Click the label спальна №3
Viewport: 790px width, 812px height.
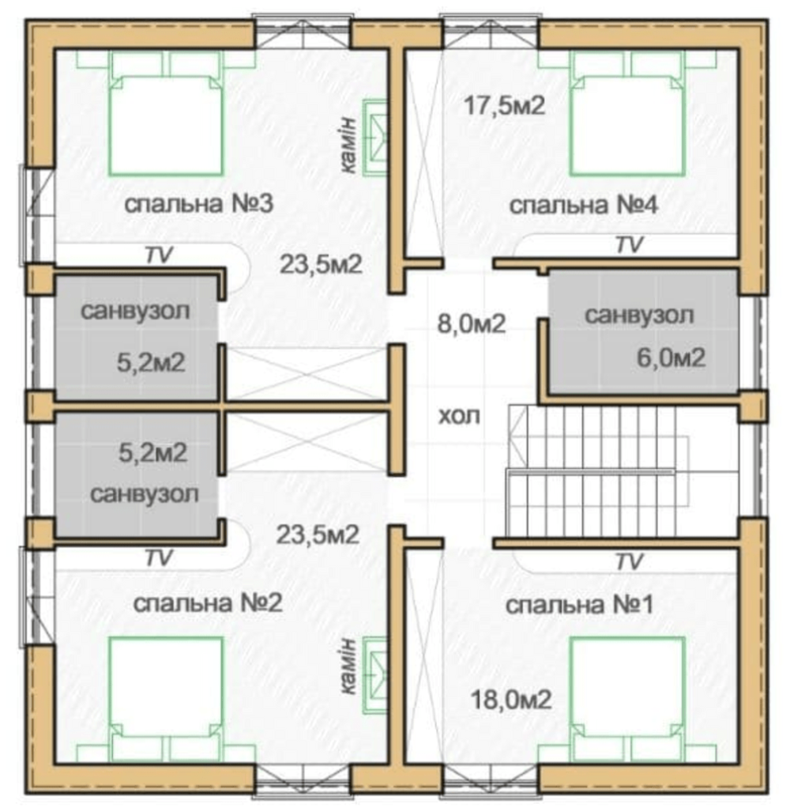tap(198, 204)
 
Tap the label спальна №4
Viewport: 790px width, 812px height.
tap(584, 206)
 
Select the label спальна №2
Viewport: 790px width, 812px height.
tap(208, 603)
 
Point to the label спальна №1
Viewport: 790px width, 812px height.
tap(579, 605)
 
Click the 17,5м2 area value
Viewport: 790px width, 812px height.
tap(505, 106)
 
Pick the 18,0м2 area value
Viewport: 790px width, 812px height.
tap(511, 701)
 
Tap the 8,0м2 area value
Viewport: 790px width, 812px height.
tap(472, 324)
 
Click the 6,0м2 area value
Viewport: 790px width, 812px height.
tap(671, 358)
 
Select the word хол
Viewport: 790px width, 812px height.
tap(460, 416)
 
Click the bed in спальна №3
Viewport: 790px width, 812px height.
tap(166, 125)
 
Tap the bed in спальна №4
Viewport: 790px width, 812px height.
tap(627, 125)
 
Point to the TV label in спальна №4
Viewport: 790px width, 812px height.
tap(630, 245)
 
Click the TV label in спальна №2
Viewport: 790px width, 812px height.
tap(159, 558)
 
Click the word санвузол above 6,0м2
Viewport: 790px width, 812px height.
tap(639, 315)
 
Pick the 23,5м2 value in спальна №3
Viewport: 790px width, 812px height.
tap(321, 265)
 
